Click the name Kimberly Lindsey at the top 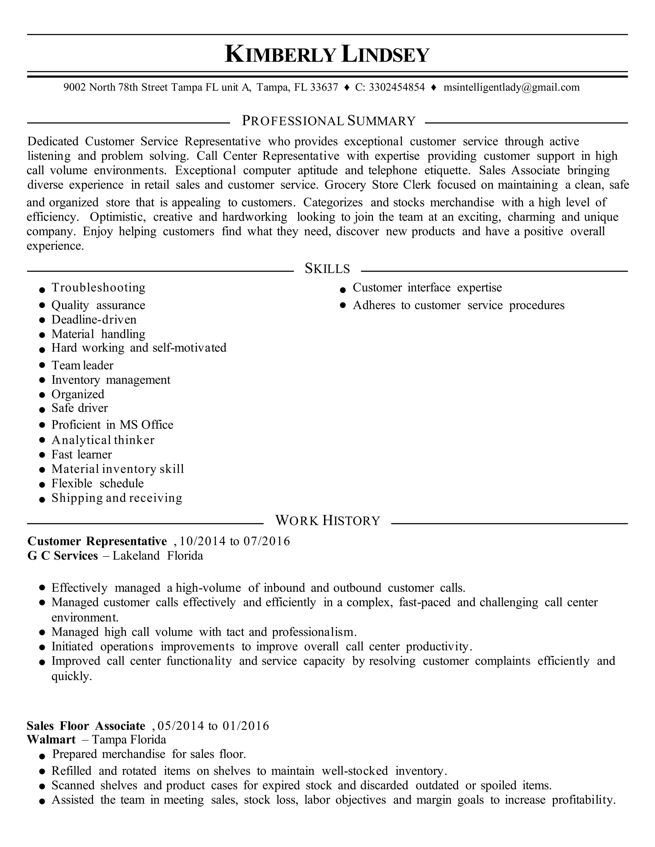327,54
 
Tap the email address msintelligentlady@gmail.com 511,87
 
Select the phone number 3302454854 397,87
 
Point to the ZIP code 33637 324,87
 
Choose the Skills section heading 327,268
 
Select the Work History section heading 327,520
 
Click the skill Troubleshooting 99,288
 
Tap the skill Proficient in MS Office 112,425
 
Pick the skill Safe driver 80,408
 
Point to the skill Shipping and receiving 117,498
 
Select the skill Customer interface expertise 427,288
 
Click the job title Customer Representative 97,541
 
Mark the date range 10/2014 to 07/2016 235,541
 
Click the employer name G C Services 62,556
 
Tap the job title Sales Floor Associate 86,726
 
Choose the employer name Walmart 51,740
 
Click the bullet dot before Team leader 42,366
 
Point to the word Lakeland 136,556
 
